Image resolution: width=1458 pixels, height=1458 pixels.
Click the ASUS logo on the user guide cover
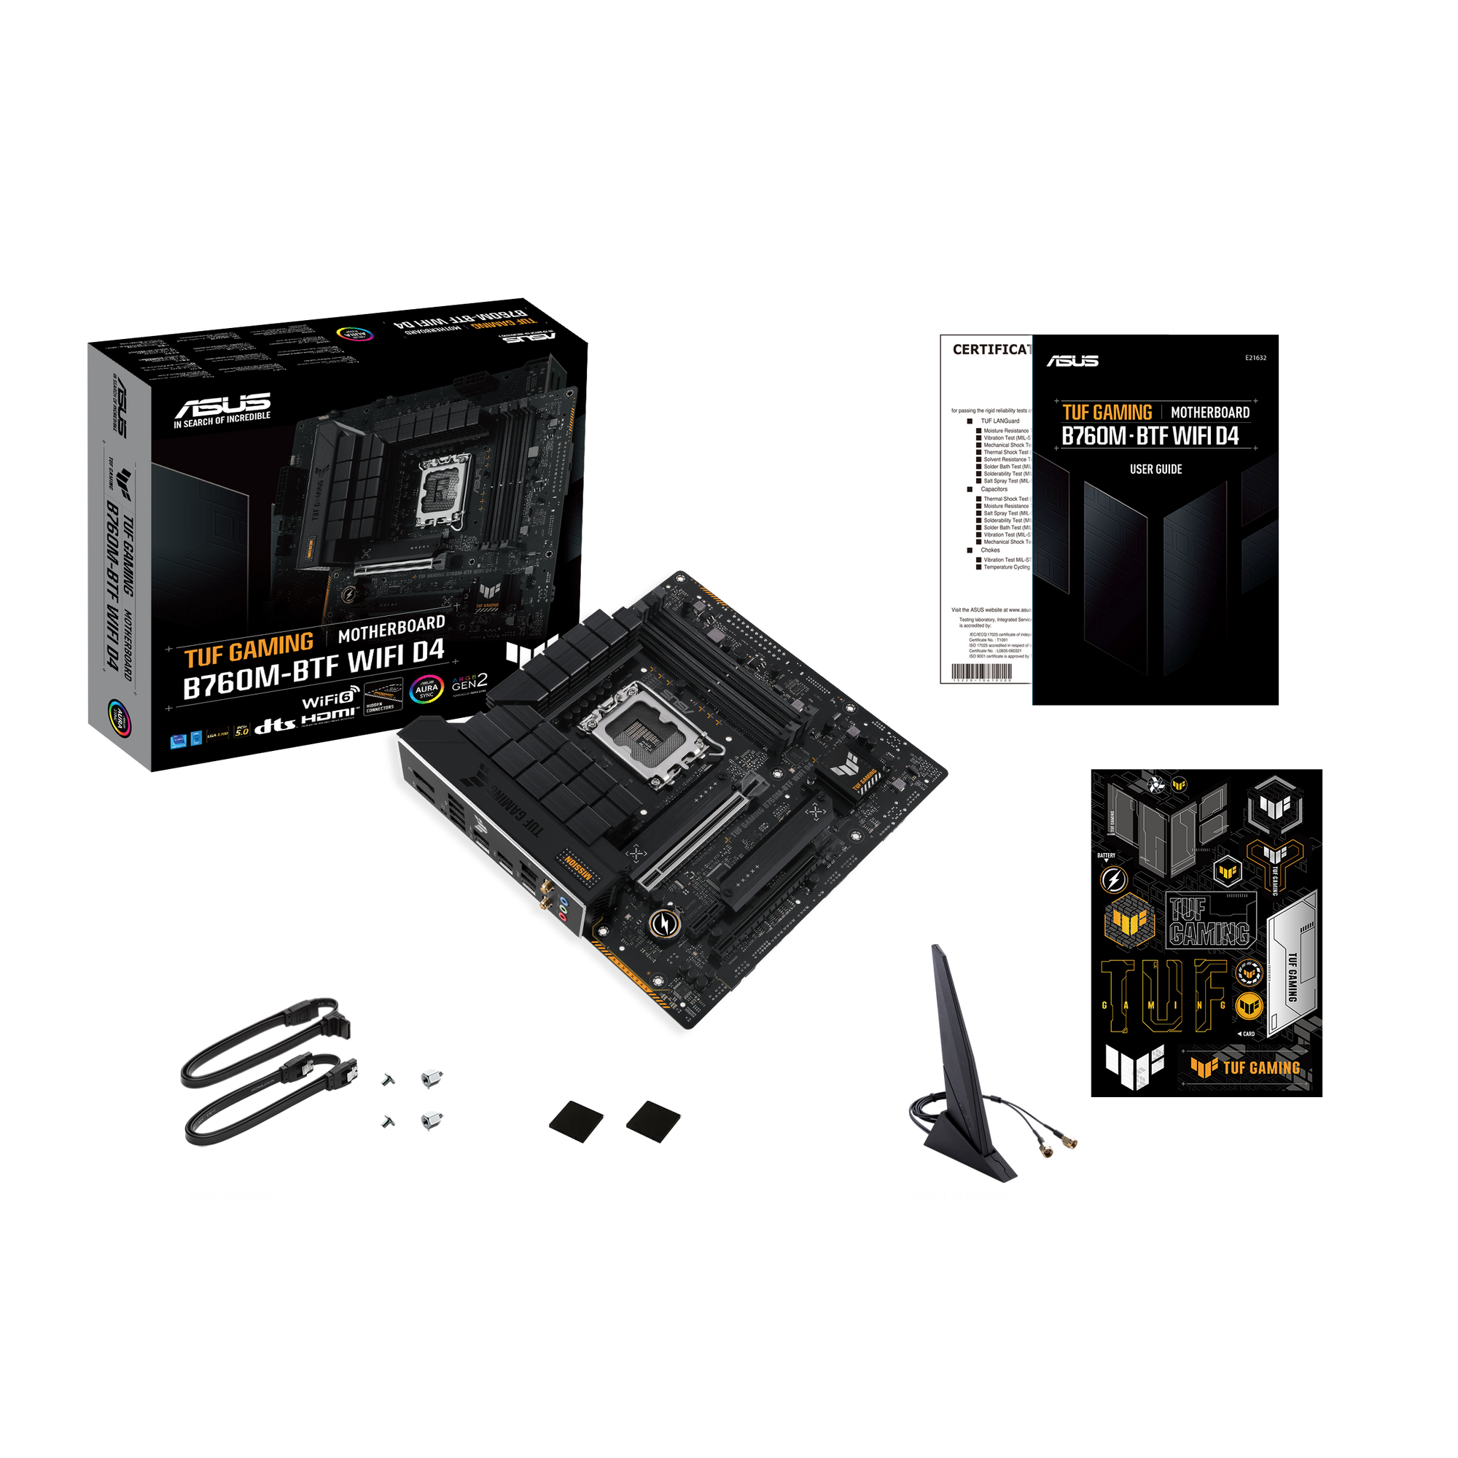click(x=1072, y=361)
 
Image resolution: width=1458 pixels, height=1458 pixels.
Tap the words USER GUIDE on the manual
click(x=1155, y=469)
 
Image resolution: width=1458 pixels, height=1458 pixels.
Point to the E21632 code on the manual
click(x=1256, y=358)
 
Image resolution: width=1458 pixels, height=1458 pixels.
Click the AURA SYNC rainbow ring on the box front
click(x=426, y=689)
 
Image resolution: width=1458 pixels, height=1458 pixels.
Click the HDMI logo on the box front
click(x=329, y=716)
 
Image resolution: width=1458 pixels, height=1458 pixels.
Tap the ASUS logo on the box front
click(x=222, y=405)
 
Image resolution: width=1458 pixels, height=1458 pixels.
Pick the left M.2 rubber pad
click(x=577, y=1120)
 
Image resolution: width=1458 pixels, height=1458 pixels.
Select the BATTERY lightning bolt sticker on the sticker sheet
click(x=1112, y=879)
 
